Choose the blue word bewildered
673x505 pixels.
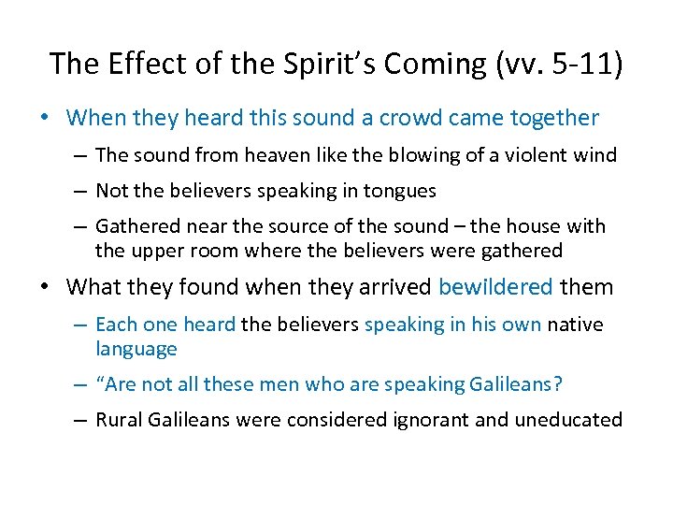[x=495, y=287]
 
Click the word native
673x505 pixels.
[x=575, y=325]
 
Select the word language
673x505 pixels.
[x=136, y=350]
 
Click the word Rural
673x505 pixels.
[x=119, y=420]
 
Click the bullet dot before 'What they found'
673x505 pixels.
[x=54, y=287]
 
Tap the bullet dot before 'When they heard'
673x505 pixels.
[x=54, y=119]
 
